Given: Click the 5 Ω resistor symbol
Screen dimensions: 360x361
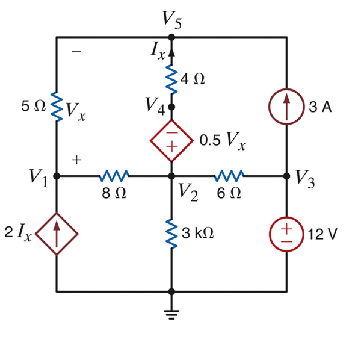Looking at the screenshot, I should pos(56,107).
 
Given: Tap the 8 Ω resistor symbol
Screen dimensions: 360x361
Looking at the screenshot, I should pos(113,176).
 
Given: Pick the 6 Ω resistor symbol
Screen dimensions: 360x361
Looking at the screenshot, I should pos(229,176).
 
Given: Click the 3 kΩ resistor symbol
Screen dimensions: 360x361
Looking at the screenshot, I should pos(171,234).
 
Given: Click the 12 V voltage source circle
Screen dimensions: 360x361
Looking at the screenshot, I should pos(287,234).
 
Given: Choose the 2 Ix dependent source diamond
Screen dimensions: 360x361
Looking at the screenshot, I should pos(56,234).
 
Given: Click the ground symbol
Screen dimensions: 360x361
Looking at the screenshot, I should pos(171,314).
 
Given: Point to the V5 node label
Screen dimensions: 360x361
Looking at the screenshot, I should pos(171,20).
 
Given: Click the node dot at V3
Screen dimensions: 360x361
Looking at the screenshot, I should pos(287,176).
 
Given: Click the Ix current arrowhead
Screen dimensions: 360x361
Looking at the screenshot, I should pos(171,51).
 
